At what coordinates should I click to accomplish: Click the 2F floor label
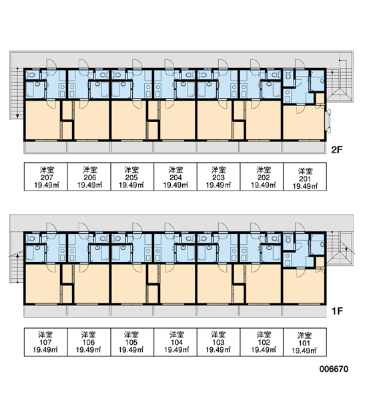tap(336, 150)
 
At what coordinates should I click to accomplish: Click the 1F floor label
tap(337, 311)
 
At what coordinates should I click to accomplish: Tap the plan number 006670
tap(334, 369)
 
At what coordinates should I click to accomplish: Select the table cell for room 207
tap(46, 177)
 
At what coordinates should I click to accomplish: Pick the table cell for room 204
tap(175, 177)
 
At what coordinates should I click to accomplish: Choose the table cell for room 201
tap(305, 177)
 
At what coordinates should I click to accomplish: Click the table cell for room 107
tap(46, 342)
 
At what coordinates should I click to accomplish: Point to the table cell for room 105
tap(132, 342)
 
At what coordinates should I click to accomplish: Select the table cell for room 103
tap(218, 342)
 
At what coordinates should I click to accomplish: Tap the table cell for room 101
tap(305, 342)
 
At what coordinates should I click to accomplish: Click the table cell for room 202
tap(262, 177)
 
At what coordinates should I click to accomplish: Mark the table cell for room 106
tap(89, 342)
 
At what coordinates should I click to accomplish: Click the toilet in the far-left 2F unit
tap(31, 75)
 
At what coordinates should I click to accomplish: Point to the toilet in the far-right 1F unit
tap(288, 239)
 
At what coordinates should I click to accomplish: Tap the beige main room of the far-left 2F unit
tap(43, 120)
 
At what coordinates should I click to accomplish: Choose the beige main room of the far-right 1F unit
tap(304, 287)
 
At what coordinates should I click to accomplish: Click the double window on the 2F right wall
tap(328, 121)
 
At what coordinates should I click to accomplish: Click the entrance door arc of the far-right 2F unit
tap(300, 64)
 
